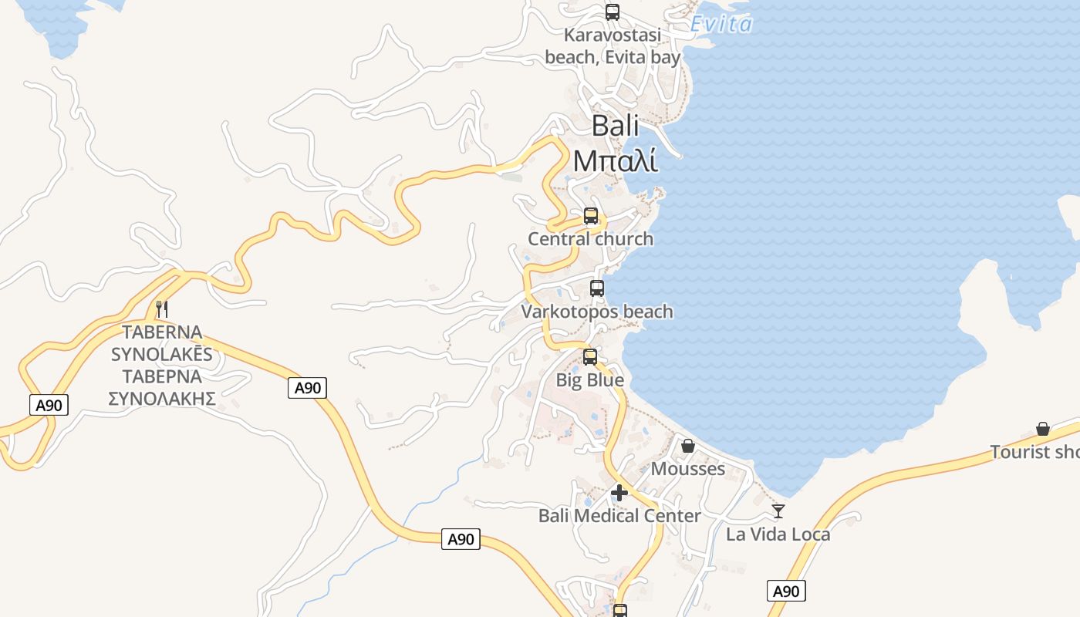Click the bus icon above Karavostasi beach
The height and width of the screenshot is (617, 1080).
[x=613, y=12]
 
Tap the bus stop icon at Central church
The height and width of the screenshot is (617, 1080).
[x=591, y=216]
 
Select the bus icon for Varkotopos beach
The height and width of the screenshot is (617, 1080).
[x=597, y=288]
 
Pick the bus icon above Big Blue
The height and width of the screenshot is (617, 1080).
[x=590, y=357]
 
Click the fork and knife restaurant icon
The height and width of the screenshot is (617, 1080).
[x=162, y=309]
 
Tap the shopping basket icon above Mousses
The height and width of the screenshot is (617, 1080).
[x=688, y=446]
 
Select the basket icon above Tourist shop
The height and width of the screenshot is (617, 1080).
[x=1043, y=429]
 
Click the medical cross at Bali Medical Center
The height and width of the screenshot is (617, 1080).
[x=619, y=493]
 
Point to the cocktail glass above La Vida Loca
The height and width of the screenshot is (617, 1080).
[x=778, y=511]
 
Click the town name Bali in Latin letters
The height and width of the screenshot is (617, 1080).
[x=615, y=126]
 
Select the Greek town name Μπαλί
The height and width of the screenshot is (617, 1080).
[x=615, y=160]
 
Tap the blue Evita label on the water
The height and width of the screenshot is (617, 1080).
[x=721, y=25]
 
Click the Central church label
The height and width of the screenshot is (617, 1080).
[x=590, y=239]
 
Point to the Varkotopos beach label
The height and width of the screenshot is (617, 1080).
[x=597, y=312]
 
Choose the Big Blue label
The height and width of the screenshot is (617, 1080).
[x=590, y=380]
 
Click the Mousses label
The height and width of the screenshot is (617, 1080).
[x=688, y=469]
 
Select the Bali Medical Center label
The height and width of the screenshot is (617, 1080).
[x=619, y=516]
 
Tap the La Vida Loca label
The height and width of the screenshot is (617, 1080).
[x=778, y=534]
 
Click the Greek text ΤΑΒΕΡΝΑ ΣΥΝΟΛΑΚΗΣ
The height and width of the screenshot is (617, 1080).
[x=161, y=387]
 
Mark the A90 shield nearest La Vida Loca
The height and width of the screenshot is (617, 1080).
[x=786, y=592]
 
